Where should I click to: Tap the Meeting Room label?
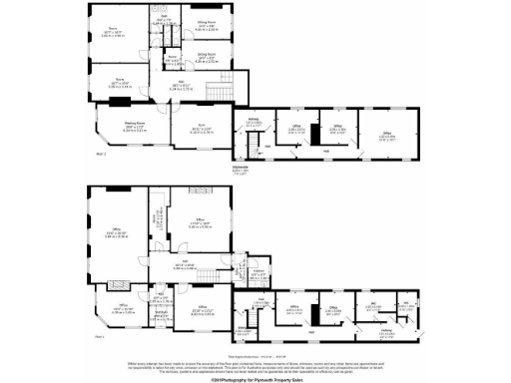121,126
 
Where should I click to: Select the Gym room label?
200,127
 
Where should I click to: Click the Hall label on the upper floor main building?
190,87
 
